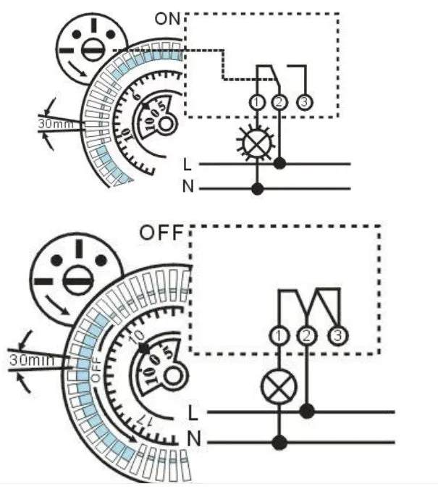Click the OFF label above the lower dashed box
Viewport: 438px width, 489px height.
[162, 234]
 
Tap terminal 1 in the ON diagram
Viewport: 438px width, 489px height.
[258, 103]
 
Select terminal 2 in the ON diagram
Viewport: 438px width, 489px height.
[280, 103]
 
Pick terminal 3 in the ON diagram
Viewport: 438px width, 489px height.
[304, 103]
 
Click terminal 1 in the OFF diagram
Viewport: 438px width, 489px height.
[279, 336]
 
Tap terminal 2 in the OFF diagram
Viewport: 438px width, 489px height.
[308, 336]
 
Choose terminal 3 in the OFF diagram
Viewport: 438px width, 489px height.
[336, 336]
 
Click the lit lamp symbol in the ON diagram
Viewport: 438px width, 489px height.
[257, 142]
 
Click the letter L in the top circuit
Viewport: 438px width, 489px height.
[188, 164]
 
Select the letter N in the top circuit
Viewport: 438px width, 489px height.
[188, 188]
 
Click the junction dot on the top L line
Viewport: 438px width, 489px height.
[280, 164]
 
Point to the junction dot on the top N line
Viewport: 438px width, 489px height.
[257, 188]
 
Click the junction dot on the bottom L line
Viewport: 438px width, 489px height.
[308, 411]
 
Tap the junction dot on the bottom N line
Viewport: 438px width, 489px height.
[279, 441]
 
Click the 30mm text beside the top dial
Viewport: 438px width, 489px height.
[54, 124]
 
